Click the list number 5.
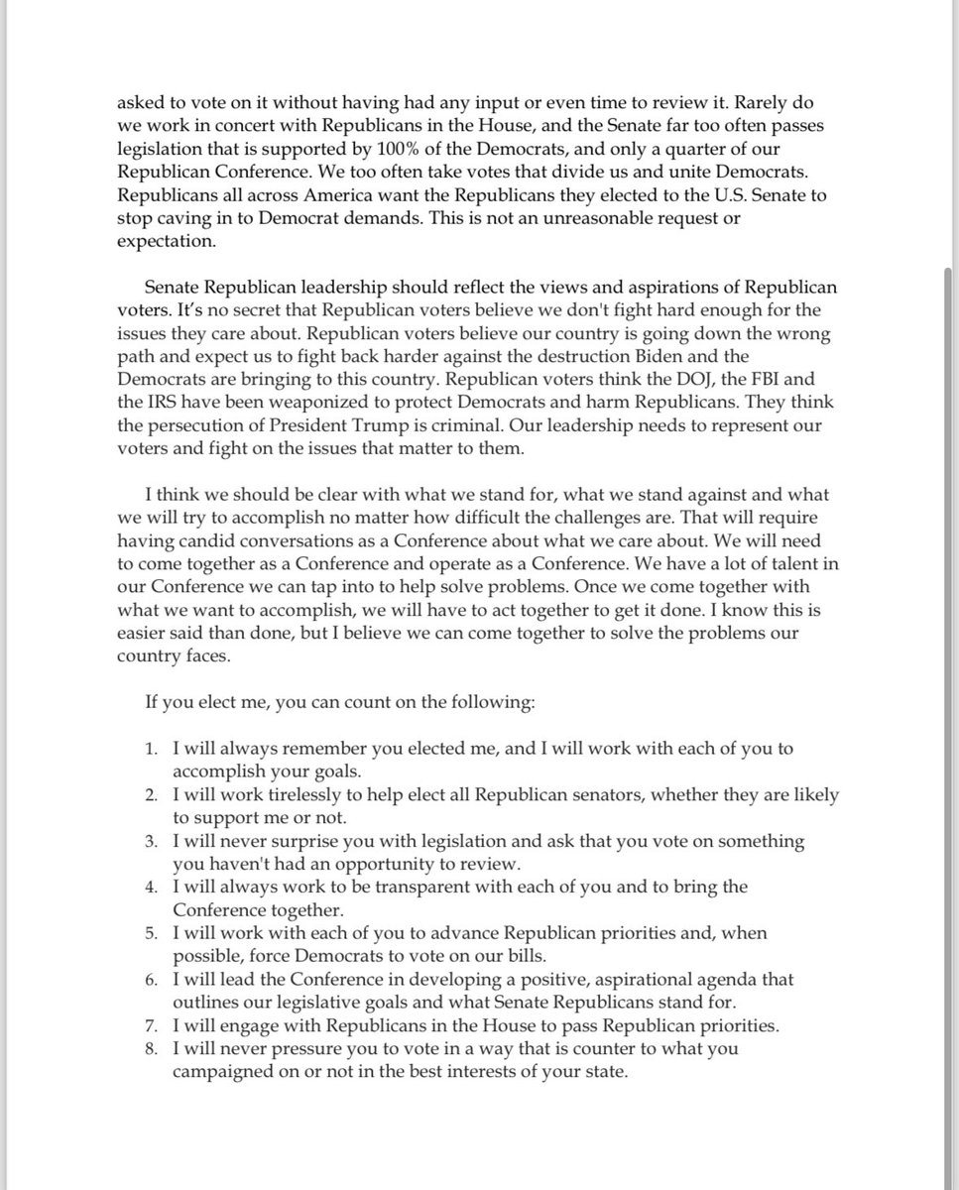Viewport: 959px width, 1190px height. [152, 933]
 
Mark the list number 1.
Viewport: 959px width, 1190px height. [152, 749]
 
